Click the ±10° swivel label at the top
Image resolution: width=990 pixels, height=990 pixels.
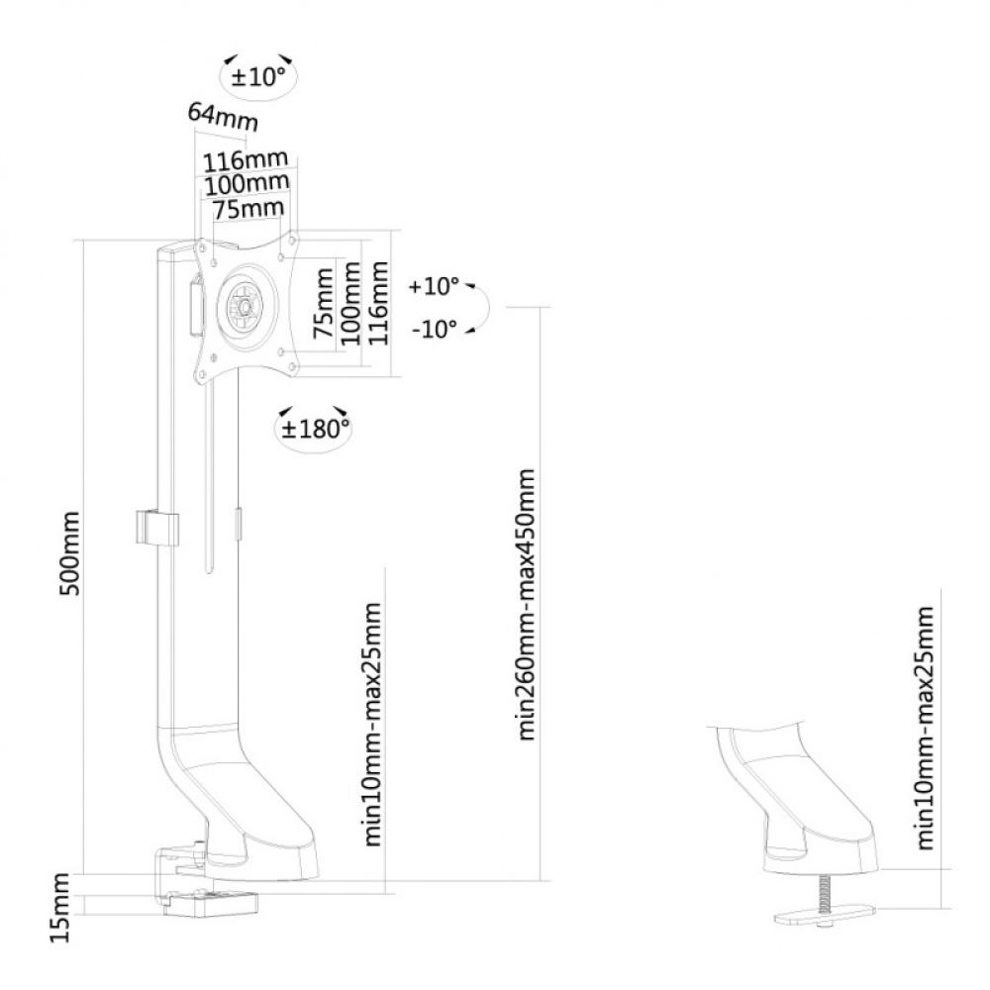coord(258,77)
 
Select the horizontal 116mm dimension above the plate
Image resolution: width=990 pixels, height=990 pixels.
coord(245,160)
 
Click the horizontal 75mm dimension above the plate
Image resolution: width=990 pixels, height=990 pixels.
coord(247,208)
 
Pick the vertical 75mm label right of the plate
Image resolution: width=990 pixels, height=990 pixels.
coord(323,302)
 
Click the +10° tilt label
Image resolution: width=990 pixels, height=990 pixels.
coord(434,286)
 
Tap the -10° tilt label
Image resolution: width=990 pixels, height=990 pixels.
coord(435,329)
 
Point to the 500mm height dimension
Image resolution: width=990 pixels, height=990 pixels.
coord(68,553)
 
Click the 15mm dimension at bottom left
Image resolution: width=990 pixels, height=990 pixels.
coord(60,908)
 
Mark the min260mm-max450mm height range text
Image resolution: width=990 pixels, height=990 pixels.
coord(526,604)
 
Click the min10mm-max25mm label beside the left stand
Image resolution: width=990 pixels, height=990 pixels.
coord(372,725)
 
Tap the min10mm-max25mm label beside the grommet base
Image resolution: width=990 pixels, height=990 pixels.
coord(925,728)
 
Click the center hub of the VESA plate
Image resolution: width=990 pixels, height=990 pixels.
coord(244,305)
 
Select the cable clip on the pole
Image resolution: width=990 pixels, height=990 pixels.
coord(156,528)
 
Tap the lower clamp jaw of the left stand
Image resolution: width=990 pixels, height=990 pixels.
coord(211,903)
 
